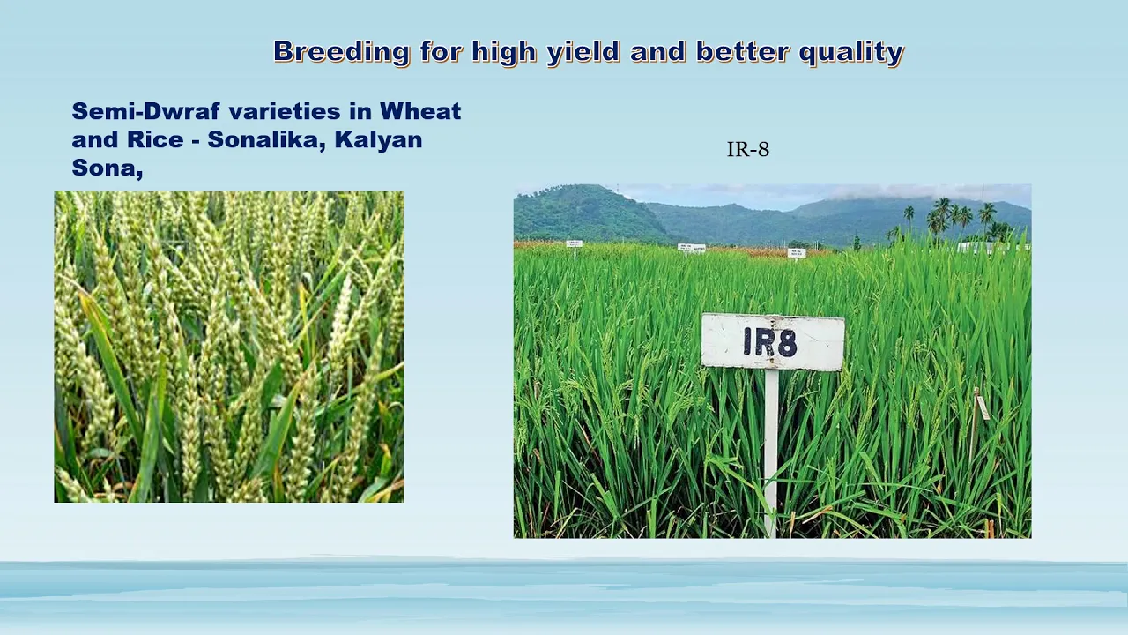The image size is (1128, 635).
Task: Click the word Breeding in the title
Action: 341,52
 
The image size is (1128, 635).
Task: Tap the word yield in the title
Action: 583,52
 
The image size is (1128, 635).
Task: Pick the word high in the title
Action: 503,52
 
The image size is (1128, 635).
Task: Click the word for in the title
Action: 441,51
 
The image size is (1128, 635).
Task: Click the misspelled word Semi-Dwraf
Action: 146,111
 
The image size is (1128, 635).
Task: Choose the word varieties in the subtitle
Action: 285,111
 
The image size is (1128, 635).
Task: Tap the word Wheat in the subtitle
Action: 420,111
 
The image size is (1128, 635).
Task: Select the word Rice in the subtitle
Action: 155,139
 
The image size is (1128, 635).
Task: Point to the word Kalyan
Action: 378,140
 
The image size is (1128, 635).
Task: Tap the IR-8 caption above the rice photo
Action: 748,150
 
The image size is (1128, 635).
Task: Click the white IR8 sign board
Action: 773,342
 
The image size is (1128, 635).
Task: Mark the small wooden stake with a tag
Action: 978,423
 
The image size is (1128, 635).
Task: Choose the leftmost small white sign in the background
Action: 574,244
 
